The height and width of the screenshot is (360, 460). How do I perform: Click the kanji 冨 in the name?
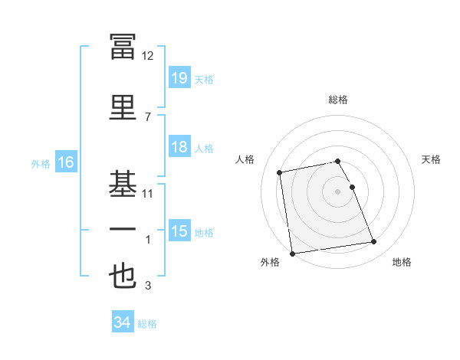pyautogui.click(x=123, y=46)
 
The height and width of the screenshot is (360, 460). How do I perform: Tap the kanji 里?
pyautogui.click(x=123, y=107)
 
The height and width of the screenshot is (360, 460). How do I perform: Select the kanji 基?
pyautogui.click(x=123, y=184)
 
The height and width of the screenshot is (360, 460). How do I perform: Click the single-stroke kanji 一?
pyautogui.click(x=123, y=229)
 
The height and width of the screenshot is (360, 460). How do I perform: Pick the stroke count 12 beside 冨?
pyautogui.click(x=147, y=56)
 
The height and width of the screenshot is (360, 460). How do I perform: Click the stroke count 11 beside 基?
pyautogui.click(x=147, y=194)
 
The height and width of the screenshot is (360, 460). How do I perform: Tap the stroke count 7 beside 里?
pyautogui.click(x=148, y=117)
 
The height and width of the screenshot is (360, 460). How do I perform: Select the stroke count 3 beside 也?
pyautogui.click(x=148, y=285)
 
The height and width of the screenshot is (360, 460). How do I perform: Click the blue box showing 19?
pyautogui.click(x=180, y=77)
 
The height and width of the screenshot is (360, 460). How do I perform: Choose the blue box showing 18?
pyautogui.click(x=180, y=146)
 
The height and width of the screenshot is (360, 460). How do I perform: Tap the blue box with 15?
pyautogui.click(x=180, y=230)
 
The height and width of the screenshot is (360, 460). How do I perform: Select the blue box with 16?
pyautogui.click(x=66, y=162)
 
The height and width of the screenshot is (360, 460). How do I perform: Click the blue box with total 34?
pyautogui.click(x=123, y=321)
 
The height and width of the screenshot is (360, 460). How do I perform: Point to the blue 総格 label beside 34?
pyautogui.click(x=147, y=324)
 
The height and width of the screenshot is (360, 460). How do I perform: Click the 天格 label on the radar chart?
pyautogui.click(x=431, y=159)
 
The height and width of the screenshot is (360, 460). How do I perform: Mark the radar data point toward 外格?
pyautogui.click(x=292, y=254)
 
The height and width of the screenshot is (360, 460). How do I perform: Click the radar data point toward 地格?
pyautogui.click(x=374, y=241)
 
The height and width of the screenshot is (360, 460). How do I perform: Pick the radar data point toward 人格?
pyautogui.click(x=279, y=172)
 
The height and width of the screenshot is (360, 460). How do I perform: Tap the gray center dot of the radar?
pyautogui.click(x=337, y=191)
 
